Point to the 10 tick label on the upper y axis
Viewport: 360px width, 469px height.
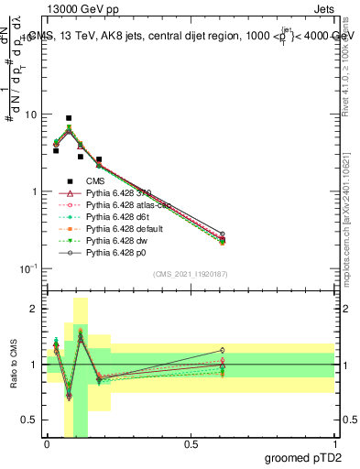coord(30,115)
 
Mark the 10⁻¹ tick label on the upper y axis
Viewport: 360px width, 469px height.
coord(27,268)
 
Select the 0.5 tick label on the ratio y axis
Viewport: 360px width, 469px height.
coord(30,420)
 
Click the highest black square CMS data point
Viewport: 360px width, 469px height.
coord(69,118)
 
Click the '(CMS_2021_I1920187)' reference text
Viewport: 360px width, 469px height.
coord(190,273)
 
